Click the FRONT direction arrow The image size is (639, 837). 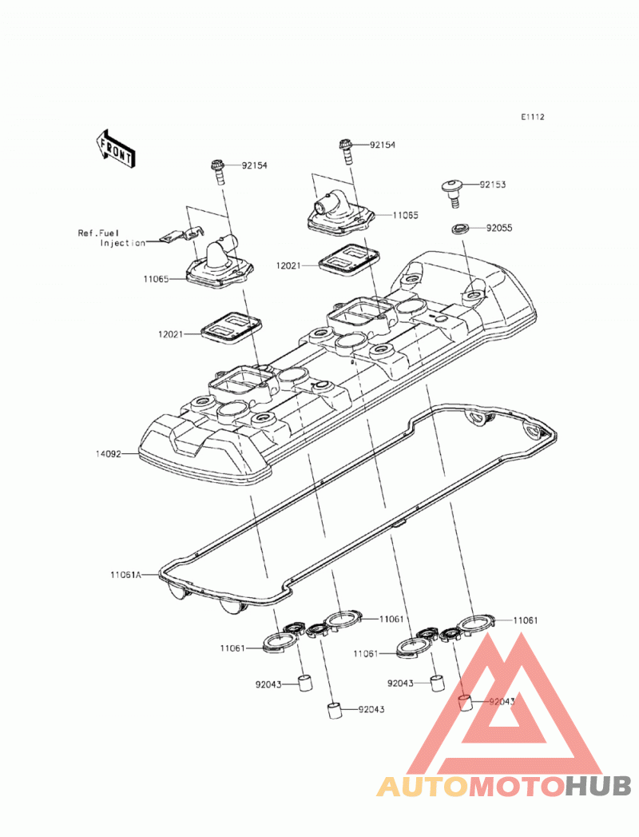(115, 150)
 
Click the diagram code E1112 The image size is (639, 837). (532, 117)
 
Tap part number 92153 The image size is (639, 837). (492, 185)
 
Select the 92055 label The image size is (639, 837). (498, 228)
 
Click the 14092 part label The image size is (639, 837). (109, 454)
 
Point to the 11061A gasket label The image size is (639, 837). (126, 575)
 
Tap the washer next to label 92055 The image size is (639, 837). (460, 229)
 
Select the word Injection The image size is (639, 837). (123, 243)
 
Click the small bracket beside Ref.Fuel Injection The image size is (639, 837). (181, 233)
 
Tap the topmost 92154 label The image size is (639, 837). (383, 145)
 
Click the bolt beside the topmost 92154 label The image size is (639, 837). (345, 153)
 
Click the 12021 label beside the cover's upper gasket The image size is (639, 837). (288, 265)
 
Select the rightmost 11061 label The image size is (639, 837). (526, 620)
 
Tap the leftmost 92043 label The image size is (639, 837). (268, 684)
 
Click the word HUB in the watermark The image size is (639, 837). (598, 786)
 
